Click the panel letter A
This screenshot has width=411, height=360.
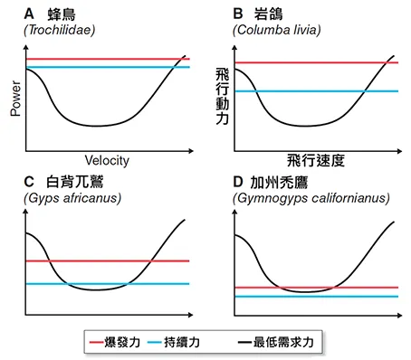coord(31,14)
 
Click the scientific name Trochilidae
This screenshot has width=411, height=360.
coord(63,31)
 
